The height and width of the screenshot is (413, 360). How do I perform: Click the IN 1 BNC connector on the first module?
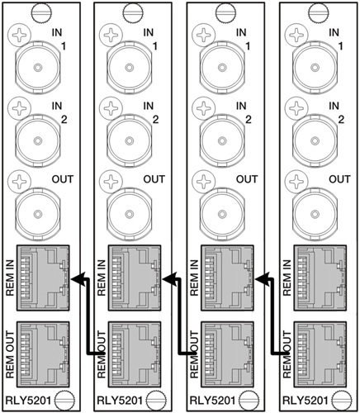pyautogui.click(x=37, y=67)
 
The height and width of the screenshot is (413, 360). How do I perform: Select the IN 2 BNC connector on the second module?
pyautogui.click(x=129, y=140)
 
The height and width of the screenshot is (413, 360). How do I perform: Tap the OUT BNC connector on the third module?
pyautogui.click(x=222, y=214)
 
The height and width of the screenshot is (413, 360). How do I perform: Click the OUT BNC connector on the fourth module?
pyautogui.click(x=315, y=214)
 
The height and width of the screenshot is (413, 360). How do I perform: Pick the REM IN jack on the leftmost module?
pyautogui.click(x=43, y=278)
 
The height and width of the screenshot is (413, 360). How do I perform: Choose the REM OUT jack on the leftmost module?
pyautogui.click(x=43, y=354)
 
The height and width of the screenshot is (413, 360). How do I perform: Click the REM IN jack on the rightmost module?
pyautogui.click(x=320, y=278)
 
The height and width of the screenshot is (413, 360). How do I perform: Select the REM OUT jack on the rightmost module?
pyautogui.click(x=320, y=354)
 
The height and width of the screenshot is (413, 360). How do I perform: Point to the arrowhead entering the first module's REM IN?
pyautogui.click(x=77, y=278)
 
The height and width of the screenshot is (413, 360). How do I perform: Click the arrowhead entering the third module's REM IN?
pyautogui.click(x=262, y=278)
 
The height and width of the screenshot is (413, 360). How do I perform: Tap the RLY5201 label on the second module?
pyautogui.click(x=120, y=401)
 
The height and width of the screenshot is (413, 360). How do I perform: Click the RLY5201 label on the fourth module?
pyautogui.click(x=306, y=401)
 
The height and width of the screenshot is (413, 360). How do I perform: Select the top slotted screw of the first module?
pyautogui.click(x=42, y=12)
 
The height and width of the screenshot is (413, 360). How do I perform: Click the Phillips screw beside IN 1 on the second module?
pyautogui.click(x=111, y=36)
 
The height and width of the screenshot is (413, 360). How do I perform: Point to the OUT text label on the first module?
pyautogui.click(x=63, y=179)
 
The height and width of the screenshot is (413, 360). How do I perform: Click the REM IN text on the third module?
pyautogui.click(x=194, y=278)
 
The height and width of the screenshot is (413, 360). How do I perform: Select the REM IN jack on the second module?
pyautogui.click(x=135, y=278)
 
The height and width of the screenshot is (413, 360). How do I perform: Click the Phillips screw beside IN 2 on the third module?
pyautogui.click(x=203, y=108)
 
